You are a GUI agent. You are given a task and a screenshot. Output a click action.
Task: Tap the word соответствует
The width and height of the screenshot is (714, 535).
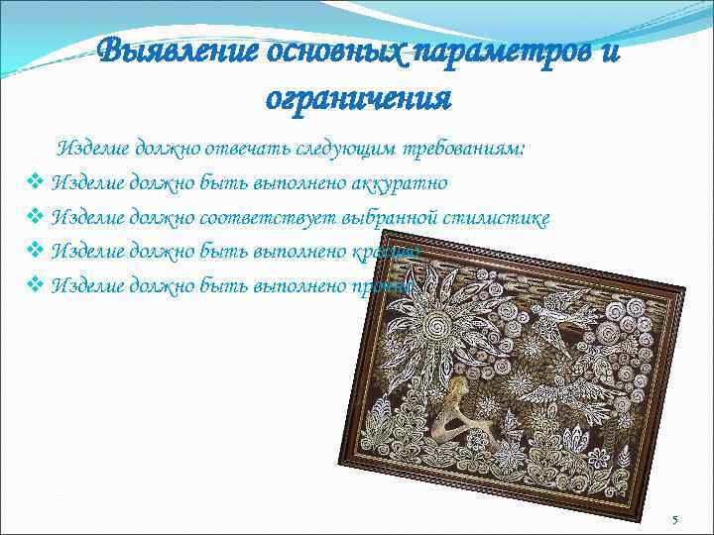pyautogui.click(x=256, y=218)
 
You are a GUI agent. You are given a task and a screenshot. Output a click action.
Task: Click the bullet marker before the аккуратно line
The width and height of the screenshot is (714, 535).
pyautogui.click(x=34, y=183)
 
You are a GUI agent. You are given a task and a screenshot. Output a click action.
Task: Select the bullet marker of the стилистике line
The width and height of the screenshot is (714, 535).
pyautogui.click(x=34, y=218)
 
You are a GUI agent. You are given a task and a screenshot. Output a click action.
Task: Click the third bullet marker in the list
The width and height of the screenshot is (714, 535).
pyautogui.click(x=34, y=252)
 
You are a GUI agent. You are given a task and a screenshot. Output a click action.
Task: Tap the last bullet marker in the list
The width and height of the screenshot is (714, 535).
pyautogui.click(x=34, y=286)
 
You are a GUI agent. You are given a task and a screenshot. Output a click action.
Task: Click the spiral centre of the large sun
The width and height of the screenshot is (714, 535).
pyautogui.click(x=436, y=327)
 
